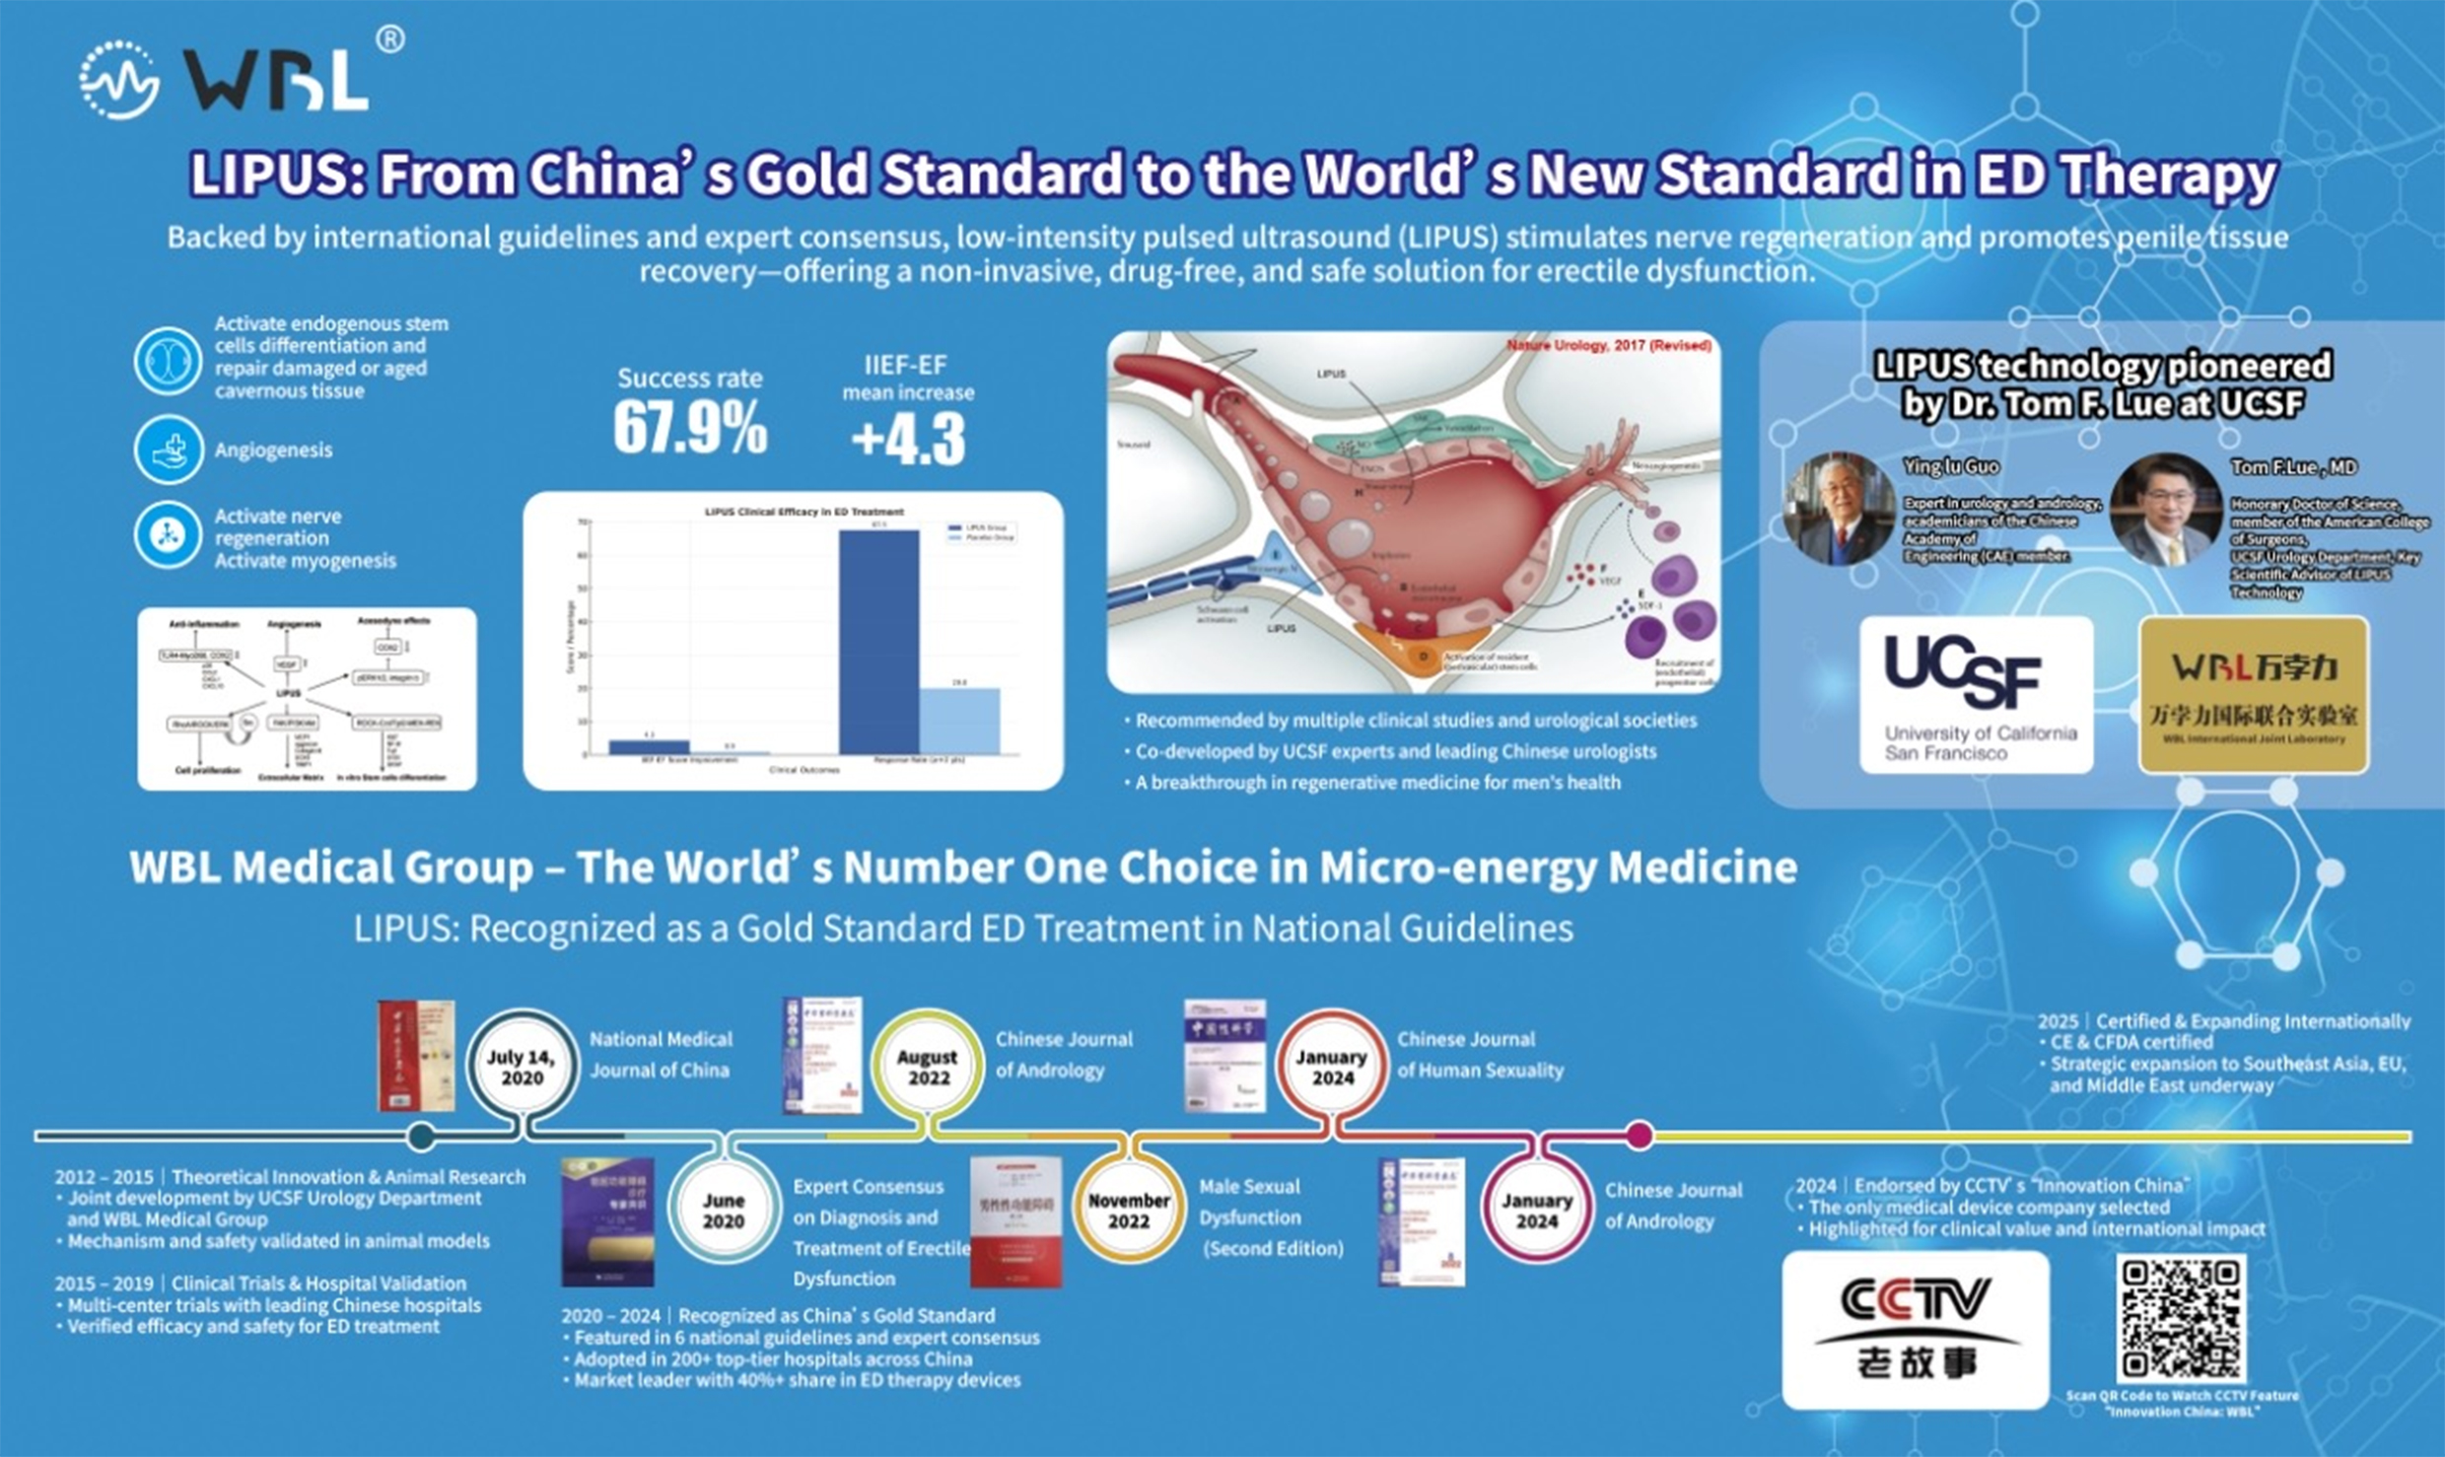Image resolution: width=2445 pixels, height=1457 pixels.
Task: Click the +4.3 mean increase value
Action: [908, 440]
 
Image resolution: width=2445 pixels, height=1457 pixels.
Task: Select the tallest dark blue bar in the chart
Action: [878, 641]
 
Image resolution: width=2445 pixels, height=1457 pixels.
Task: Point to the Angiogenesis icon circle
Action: [169, 451]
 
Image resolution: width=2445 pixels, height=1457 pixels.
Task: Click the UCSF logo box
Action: [1976, 695]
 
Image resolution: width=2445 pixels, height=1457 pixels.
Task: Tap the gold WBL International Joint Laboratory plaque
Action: [2253, 695]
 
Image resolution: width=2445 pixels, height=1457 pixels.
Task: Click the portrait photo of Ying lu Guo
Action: [1839, 508]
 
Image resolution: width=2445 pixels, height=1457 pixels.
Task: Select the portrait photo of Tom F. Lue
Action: [2166, 510]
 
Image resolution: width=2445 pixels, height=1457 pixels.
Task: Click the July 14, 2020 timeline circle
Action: [522, 1068]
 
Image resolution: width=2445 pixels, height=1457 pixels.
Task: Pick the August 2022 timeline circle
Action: [927, 1068]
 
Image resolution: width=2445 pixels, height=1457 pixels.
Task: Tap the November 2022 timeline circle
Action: [1128, 1212]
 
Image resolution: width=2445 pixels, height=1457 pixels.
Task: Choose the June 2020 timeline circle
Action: [724, 1212]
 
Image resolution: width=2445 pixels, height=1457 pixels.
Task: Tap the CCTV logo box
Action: [1915, 1329]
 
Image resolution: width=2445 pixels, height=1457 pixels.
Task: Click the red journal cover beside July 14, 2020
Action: [417, 1056]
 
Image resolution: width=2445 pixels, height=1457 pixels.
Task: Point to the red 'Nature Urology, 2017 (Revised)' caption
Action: [1608, 346]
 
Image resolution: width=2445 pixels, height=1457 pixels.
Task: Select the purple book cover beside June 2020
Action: [607, 1222]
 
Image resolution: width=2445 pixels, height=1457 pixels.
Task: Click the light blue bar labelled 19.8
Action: [959, 721]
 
